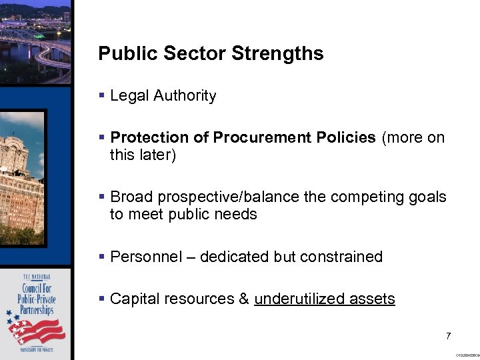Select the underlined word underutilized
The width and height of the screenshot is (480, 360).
click(x=296, y=299)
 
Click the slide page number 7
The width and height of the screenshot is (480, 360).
click(x=449, y=336)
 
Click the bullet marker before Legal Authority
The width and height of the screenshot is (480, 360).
click(x=102, y=96)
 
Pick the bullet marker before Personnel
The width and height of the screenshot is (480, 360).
click(x=102, y=257)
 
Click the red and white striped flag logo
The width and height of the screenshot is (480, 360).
click(x=42, y=330)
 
